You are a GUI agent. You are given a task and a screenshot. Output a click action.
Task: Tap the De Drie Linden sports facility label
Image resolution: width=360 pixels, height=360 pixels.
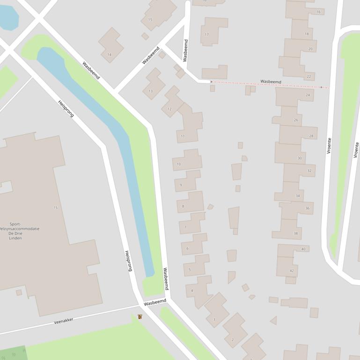(19, 231)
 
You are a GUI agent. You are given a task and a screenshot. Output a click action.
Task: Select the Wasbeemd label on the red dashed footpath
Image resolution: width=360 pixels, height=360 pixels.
(271, 82)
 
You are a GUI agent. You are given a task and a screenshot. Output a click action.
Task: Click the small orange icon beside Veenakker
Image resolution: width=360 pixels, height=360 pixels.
(140, 317)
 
